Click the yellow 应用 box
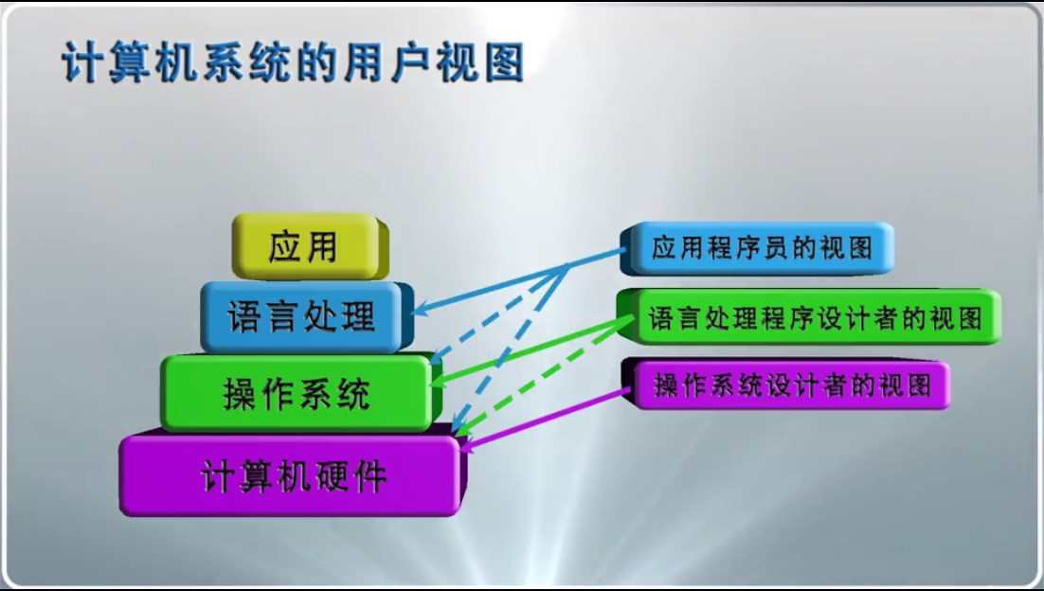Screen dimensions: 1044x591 (x=311, y=246)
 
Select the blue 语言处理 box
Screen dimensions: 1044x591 (x=307, y=316)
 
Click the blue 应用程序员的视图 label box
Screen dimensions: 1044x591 (x=757, y=248)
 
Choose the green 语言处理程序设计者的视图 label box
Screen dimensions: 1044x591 (x=809, y=316)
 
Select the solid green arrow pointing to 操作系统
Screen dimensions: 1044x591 (x=532, y=350)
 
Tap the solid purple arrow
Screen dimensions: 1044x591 (x=545, y=420)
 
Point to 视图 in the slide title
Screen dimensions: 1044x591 (x=480, y=63)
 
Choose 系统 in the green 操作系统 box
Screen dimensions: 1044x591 (x=334, y=394)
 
